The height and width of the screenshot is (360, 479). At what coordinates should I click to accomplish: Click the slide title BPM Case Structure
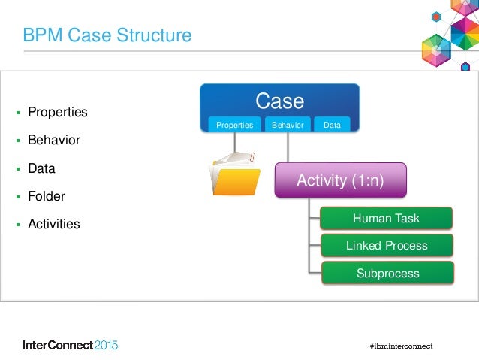(x=107, y=35)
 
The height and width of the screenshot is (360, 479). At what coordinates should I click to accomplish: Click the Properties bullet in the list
(x=57, y=113)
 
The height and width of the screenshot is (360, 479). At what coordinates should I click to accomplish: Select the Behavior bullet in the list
(x=53, y=141)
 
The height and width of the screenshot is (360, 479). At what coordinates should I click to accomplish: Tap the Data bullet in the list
(x=41, y=169)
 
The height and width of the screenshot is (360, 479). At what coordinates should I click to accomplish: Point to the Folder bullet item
(x=47, y=197)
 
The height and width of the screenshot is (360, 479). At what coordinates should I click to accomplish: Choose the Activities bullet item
(x=53, y=225)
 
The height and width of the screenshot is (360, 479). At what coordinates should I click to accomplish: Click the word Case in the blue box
(x=279, y=101)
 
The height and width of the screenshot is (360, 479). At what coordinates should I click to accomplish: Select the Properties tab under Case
(x=234, y=126)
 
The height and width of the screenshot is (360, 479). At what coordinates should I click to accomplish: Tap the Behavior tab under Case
(x=288, y=126)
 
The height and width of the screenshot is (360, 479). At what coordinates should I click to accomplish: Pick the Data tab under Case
(x=332, y=126)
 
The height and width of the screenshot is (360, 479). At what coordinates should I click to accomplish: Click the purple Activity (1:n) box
(x=340, y=180)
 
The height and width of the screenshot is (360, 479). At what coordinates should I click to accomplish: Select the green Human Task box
(x=386, y=219)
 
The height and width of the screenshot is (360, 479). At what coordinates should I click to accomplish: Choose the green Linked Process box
(x=386, y=246)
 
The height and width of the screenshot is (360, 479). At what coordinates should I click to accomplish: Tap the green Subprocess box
(x=387, y=273)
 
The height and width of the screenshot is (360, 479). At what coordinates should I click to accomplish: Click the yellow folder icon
(x=234, y=172)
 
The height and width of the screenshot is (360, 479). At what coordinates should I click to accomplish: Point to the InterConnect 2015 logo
(x=70, y=345)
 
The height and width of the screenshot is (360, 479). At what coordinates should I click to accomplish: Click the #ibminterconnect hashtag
(x=401, y=346)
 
